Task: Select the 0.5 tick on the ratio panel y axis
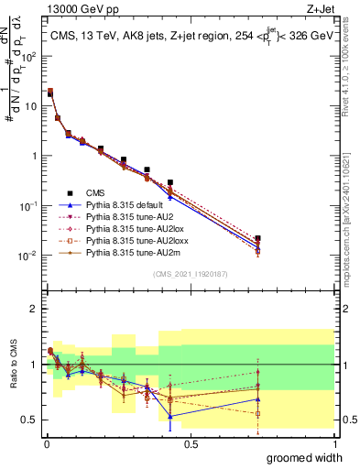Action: [x=29, y=420]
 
